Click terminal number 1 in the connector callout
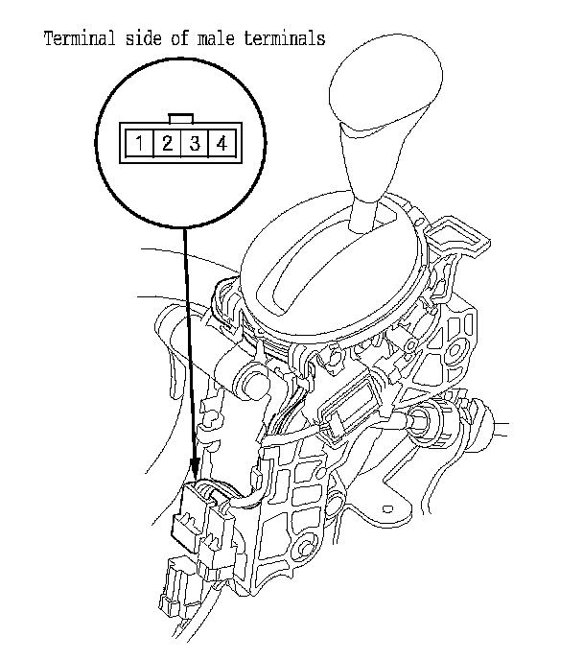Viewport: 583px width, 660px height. (x=140, y=145)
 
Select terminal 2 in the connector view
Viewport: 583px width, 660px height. (x=167, y=145)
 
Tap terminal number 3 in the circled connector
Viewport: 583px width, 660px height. (x=194, y=145)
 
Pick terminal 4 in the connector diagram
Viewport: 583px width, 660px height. (x=222, y=145)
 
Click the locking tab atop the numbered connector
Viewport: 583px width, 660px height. (x=180, y=119)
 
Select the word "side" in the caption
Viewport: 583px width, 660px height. (x=143, y=39)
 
